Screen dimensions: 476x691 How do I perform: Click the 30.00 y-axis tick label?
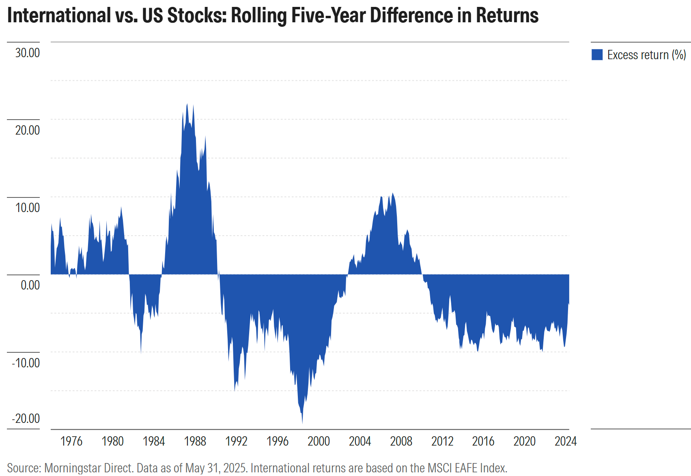pyautogui.click(x=28, y=53)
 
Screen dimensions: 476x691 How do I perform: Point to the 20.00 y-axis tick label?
pyautogui.click(x=28, y=131)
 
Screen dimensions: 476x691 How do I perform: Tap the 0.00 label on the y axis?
pyautogui.click(x=30, y=285)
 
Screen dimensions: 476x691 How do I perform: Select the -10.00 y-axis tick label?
pyautogui.click(x=26, y=362)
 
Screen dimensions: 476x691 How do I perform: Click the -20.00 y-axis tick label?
pyautogui.click(x=26, y=418)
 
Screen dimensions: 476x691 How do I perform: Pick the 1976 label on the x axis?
pyautogui.click(x=71, y=441)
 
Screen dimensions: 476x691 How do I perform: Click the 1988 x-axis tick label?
pyautogui.click(x=195, y=441)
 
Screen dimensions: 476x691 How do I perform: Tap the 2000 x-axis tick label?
pyautogui.click(x=319, y=441)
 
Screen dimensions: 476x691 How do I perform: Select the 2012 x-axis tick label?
pyautogui.click(x=442, y=441)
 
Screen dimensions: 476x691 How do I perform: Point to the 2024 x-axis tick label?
pyautogui.click(x=566, y=441)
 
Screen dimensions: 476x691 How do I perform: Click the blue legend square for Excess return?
pyautogui.click(x=597, y=55)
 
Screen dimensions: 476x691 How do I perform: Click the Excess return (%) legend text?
pyautogui.click(x=646, y=55)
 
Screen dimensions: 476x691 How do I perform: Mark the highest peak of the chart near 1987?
pyautogui.click(x=187, y=104)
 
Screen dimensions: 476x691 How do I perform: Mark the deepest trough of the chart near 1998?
pyautogui.click(x=302, y=423)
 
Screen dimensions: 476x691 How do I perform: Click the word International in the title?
pyautogui.click(x=59, y=15)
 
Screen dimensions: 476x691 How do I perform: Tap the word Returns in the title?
pyautogui.click(x=507, y=15)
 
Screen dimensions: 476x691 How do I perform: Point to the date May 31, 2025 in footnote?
pyautogui.click(x=215, y=468)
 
